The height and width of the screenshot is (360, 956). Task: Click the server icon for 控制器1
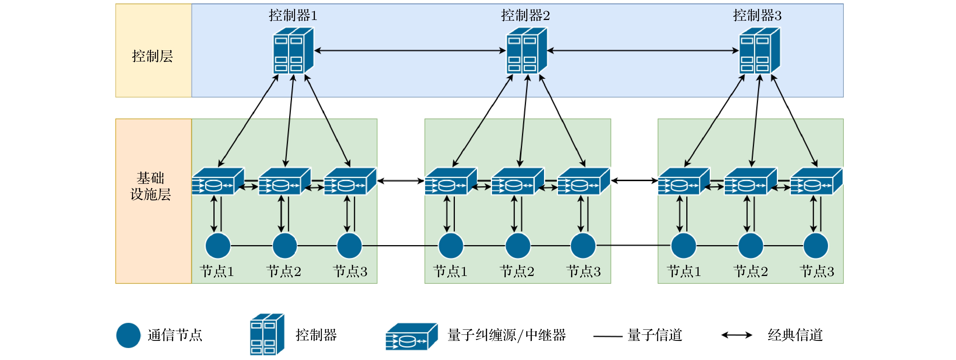coord(293,51)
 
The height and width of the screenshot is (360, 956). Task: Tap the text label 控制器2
coord(525,16)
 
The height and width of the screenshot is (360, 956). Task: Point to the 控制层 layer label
coord(153,56)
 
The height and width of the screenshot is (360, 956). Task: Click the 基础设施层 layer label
coord(151,186)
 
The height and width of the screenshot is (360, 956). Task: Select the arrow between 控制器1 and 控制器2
coord(410,51)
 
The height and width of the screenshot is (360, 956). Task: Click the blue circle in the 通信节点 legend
coord(128,335)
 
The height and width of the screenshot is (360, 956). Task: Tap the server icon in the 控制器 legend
coord(267,334)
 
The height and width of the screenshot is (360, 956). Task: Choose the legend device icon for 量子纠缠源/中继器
coord(411,336)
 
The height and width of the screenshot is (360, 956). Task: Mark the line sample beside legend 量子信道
coord(607,336)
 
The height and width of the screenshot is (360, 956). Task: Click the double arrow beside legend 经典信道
coord(736,335)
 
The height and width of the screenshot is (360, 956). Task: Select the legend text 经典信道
coord(795,335)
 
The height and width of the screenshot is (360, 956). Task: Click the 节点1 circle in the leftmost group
coord(218,246)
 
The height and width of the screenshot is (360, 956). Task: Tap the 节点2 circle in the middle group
coord(518,246)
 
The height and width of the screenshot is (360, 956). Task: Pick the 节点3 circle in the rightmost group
coord(815,246)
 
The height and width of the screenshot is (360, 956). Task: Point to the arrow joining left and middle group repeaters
coord(401,181)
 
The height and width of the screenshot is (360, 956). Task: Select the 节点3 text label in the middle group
coord(583,271)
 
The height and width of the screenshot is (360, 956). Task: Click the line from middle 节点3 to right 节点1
coord(633,245)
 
